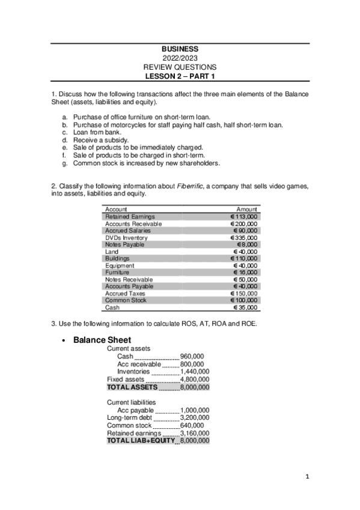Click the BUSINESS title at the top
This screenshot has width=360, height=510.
click(180, 49)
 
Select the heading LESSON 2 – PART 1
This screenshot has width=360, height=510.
click(180, 76)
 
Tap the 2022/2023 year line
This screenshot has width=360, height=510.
click(180, 58)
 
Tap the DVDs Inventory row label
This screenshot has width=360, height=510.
click(126, 238)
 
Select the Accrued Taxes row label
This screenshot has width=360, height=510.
click(124, 293)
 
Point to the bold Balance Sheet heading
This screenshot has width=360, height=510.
click(102, 340)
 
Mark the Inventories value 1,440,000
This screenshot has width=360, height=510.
click(195, 372)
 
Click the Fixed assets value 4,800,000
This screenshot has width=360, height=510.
click(195, 379)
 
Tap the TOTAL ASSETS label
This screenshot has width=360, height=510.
click(132, 387)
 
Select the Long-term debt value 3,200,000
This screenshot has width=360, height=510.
click(195, 417)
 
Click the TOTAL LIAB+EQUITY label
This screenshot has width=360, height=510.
click(140, 440)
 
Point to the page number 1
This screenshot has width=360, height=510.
click(307, 478)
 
